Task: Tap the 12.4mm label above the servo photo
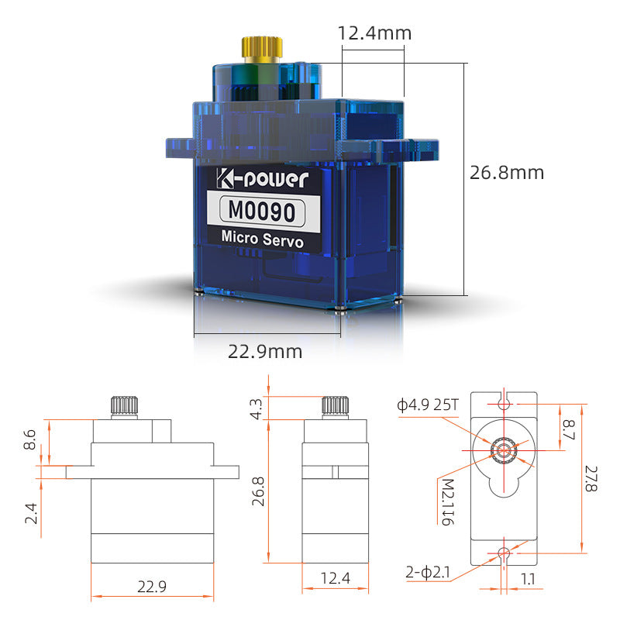tap(374, 33)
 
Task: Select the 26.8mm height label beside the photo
tap(507, 172)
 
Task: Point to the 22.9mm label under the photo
tap(265, 352)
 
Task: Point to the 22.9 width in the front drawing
tap(151, 587)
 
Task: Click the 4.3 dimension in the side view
tap(257, 407)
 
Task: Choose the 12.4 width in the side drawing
tap(334, 578)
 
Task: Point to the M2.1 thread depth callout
tap(447, 501)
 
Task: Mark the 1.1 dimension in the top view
tap(526, 578)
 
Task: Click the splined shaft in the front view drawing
tap(123, 405)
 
